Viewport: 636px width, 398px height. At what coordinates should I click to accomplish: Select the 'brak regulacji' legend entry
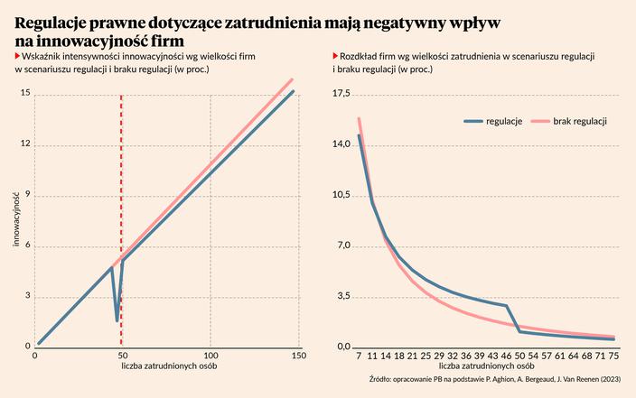tap(579, 121)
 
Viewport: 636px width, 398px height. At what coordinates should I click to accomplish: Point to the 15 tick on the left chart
tap(25, 93)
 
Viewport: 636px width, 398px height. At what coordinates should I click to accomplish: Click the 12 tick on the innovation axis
tap(25, 143)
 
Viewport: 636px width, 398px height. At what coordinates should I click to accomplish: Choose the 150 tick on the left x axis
tap(299, 356)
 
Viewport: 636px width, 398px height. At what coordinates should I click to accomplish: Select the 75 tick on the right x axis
tap(613, 356)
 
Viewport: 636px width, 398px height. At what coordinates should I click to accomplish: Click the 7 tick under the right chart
tap(359, 356)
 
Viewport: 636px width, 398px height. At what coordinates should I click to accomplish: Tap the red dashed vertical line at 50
tap(122, 180)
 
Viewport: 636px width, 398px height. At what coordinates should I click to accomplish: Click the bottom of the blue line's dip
tap(117, 320)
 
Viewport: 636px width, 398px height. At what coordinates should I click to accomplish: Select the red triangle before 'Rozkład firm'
tap(336, 57)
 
